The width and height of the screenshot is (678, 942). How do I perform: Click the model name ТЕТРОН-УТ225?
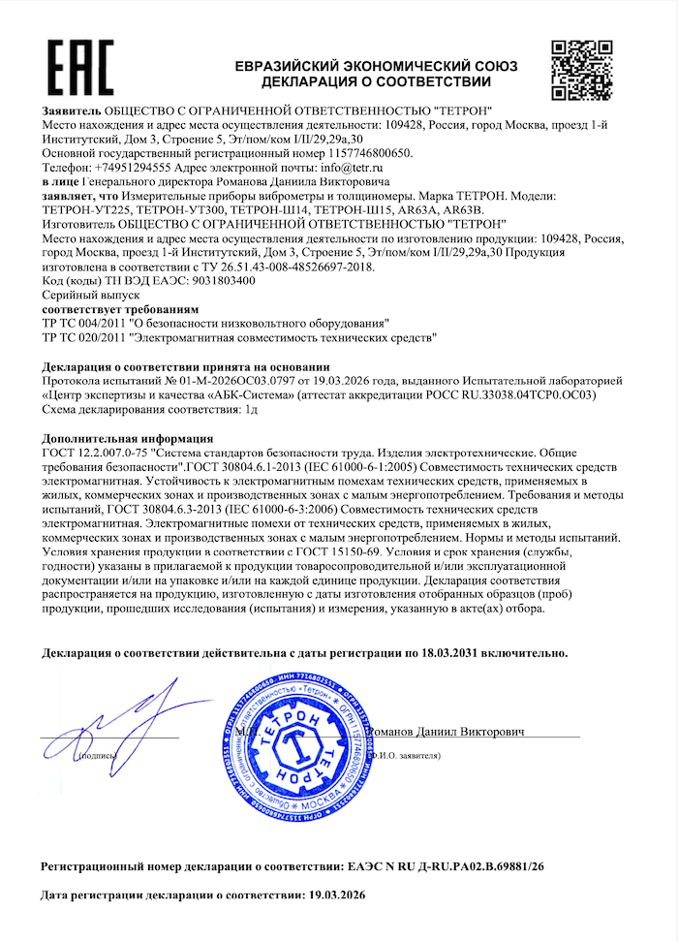[87, 208]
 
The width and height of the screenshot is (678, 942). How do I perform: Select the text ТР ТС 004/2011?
[84, 322]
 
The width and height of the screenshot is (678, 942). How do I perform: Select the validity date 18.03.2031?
[468, 654]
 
